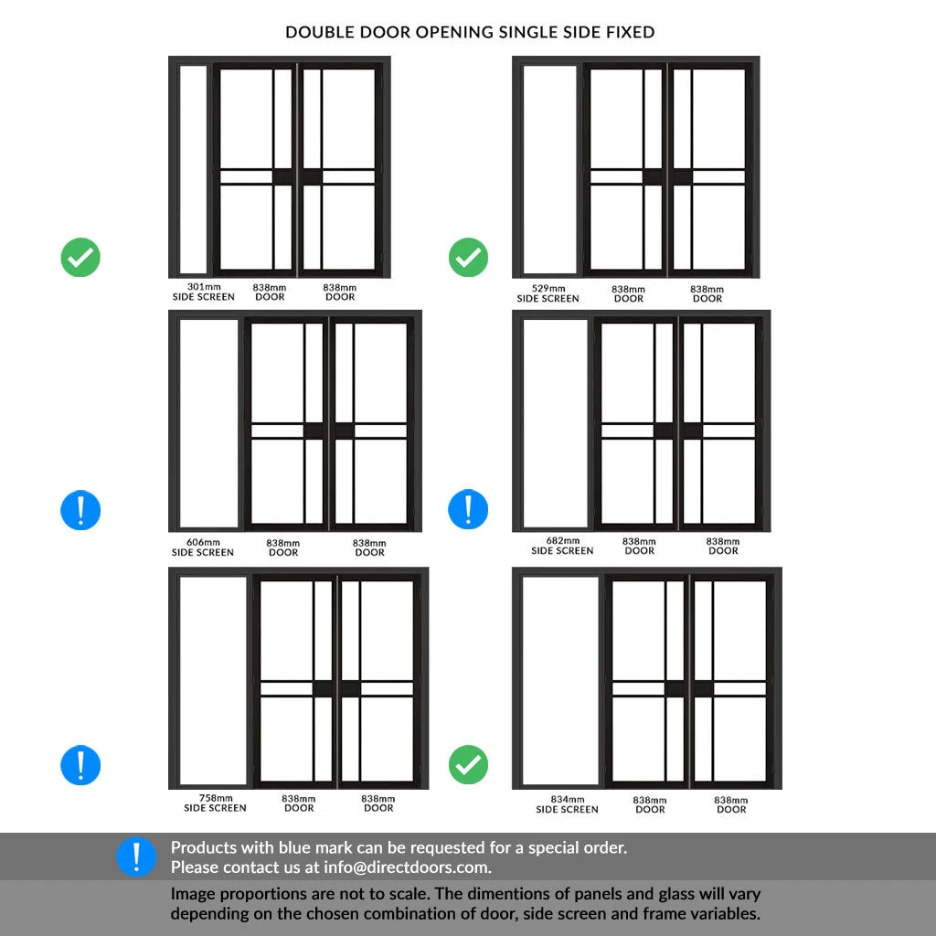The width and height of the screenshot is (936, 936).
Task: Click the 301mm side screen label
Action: click(203, 292)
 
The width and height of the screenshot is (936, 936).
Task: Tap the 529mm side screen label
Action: click(548, 293)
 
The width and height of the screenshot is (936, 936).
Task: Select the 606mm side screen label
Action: click(203, 547)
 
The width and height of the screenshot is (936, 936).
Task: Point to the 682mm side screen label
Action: click(562, 546)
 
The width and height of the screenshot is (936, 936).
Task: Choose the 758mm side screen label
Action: click(215, 803)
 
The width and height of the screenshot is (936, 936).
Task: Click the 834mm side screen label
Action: click(567, 804)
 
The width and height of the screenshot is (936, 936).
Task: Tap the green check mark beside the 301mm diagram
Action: click(80, 258)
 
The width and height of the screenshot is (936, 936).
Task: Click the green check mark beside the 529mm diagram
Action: click(468, 258)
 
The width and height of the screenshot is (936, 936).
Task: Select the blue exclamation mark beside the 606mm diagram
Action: click(80, 509)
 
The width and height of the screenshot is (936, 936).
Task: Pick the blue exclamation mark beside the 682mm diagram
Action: click(468, 509)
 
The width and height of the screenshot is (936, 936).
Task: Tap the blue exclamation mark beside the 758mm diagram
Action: click(80, 764)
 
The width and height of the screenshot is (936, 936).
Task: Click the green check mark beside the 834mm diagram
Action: click(468, 764)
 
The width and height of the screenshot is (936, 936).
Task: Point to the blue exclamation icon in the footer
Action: click(136, 856)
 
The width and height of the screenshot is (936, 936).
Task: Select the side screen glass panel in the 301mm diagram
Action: click(194, 169)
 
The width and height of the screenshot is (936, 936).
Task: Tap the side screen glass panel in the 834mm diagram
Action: click(560, 681)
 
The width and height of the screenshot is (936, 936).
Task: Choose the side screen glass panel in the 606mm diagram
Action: click(208, 423)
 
